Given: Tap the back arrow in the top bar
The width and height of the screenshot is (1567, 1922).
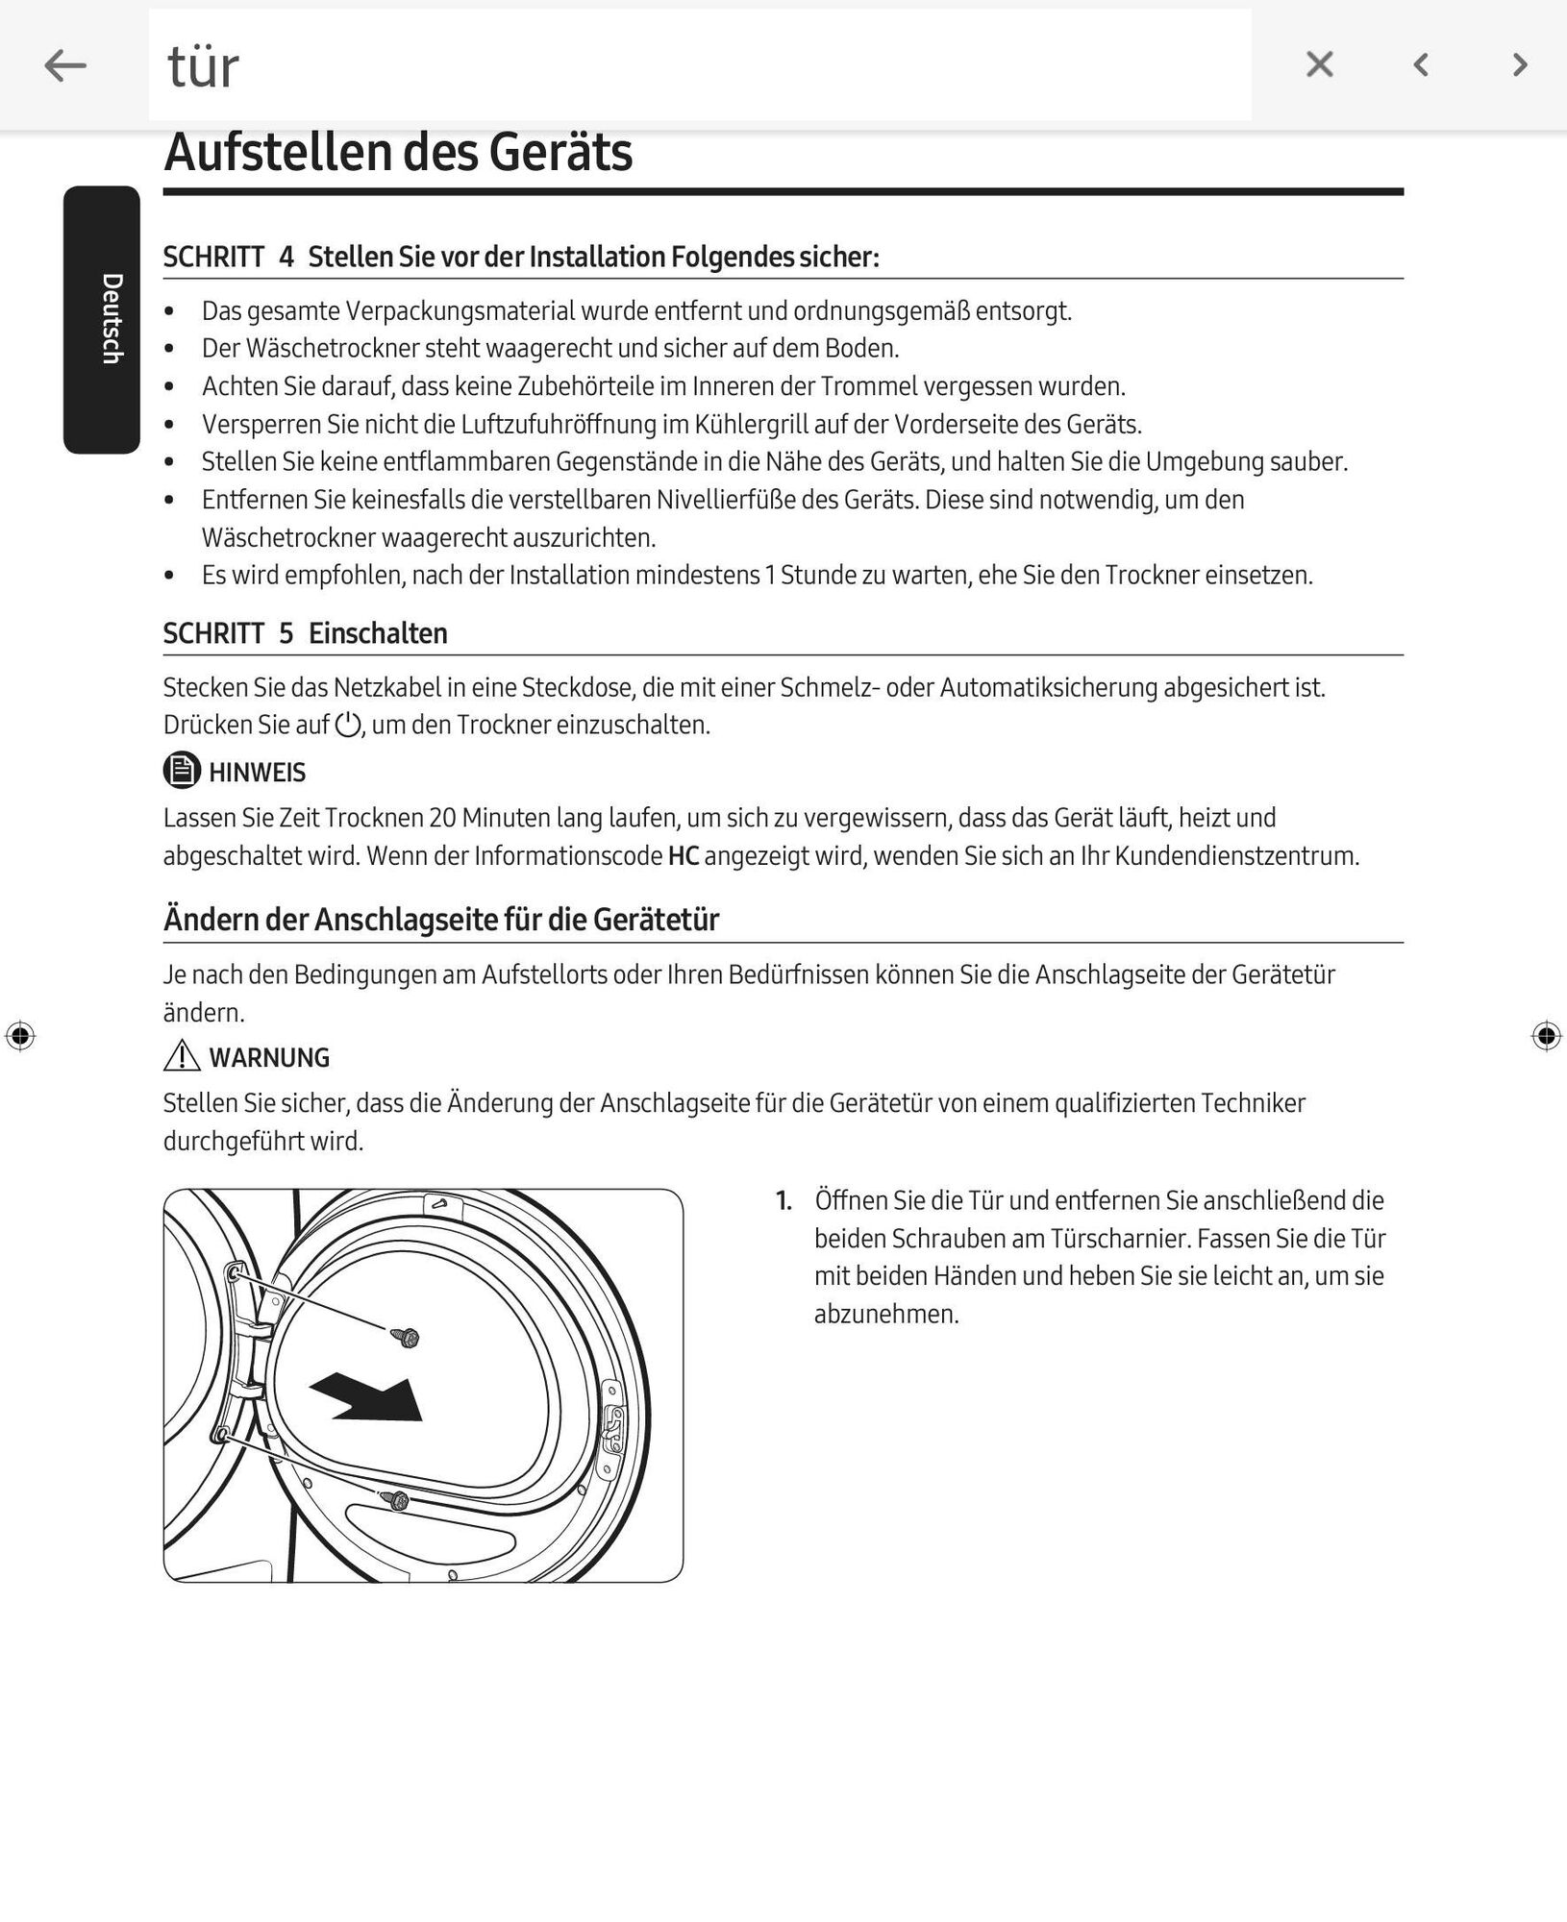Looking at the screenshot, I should tap(65, 65).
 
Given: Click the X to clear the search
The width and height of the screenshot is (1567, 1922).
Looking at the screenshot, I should tap(1319, 64).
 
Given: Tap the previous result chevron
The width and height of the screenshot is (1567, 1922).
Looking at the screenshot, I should tap(1421, 64).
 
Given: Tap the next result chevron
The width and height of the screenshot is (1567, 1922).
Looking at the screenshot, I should tap(1520, 64).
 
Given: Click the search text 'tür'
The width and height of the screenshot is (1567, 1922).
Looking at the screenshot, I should tap(203, 67).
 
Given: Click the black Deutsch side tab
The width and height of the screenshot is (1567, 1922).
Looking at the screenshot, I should tap(102, 319).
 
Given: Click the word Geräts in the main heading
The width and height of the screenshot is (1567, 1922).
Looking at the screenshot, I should tap(560, 153).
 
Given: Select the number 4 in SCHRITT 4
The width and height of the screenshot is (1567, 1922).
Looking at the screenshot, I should tap(286, 257).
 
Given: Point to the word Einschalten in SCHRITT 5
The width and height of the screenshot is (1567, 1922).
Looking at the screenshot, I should tap(378, 633).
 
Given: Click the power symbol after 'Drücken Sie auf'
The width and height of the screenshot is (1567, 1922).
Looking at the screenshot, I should tap(348, 725).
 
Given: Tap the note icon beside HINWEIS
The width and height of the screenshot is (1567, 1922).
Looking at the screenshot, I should tap(182, 771).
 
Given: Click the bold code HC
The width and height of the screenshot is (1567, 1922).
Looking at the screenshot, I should tap(683, 855).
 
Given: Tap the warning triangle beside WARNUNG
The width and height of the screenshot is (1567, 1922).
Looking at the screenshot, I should tap(182, 1056).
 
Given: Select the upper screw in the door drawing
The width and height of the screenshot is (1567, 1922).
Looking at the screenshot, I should tap(407, 1337).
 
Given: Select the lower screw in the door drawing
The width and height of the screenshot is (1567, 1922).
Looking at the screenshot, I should tap(395, 1498).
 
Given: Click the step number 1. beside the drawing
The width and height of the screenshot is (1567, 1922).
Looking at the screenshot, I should tap(784, 1200).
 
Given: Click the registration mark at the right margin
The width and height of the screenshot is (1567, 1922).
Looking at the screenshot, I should tap(1546, 1035).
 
